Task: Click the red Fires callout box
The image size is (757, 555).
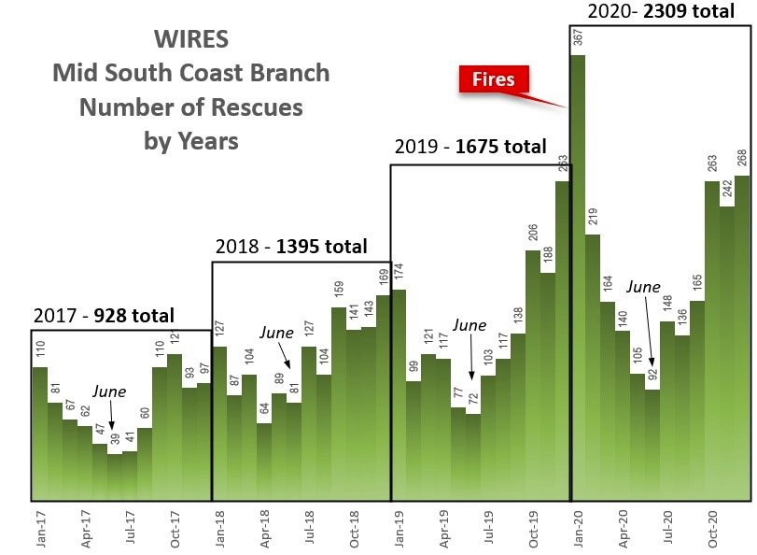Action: (x=493, y=80)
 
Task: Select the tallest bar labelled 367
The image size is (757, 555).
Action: (x=579, y=280)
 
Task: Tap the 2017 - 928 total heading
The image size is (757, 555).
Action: (x=103, y=316)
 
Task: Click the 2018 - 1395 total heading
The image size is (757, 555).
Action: (x=290, y=248)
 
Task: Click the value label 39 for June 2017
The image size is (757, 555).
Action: (x=115, y=440)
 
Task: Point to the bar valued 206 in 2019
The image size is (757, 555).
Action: (x=533, y=374)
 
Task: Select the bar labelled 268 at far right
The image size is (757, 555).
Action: (x=743, y=336)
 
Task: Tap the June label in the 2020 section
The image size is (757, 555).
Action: (x=643, y=287)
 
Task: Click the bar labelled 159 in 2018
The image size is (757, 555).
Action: (x=339, y=402)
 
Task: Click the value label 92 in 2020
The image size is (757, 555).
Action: (x=652, y=376)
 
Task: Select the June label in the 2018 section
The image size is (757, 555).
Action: (x=276, y=333)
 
